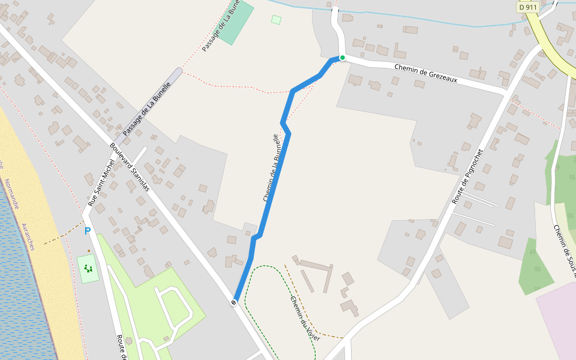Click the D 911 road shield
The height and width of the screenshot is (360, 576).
point(527,7)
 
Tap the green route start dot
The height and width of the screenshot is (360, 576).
point(342,58)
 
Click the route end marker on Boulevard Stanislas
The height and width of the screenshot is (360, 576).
point(233,302)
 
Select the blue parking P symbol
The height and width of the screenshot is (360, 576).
point(88,231)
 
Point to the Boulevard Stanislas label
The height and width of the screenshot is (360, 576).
point(130,167)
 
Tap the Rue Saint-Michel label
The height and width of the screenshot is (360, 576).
point(101,183)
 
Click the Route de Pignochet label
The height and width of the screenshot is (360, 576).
point(467,176)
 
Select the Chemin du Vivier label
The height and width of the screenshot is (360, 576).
point(305,319)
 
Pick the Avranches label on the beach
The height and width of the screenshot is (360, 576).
point(28,236)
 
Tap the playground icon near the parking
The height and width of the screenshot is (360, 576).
point(88,268)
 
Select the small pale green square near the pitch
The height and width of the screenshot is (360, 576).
point(276,20)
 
